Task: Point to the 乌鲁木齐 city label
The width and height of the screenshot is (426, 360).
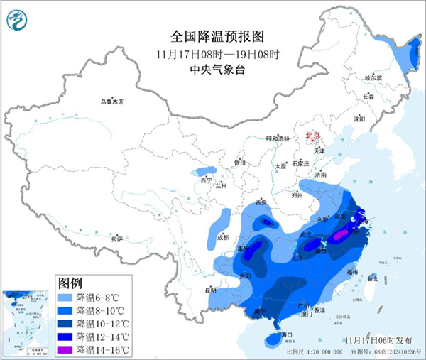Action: coord(111,102)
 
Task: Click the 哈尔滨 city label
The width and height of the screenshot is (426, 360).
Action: coord(373,77)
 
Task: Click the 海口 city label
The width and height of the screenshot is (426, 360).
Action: coord(287,334)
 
